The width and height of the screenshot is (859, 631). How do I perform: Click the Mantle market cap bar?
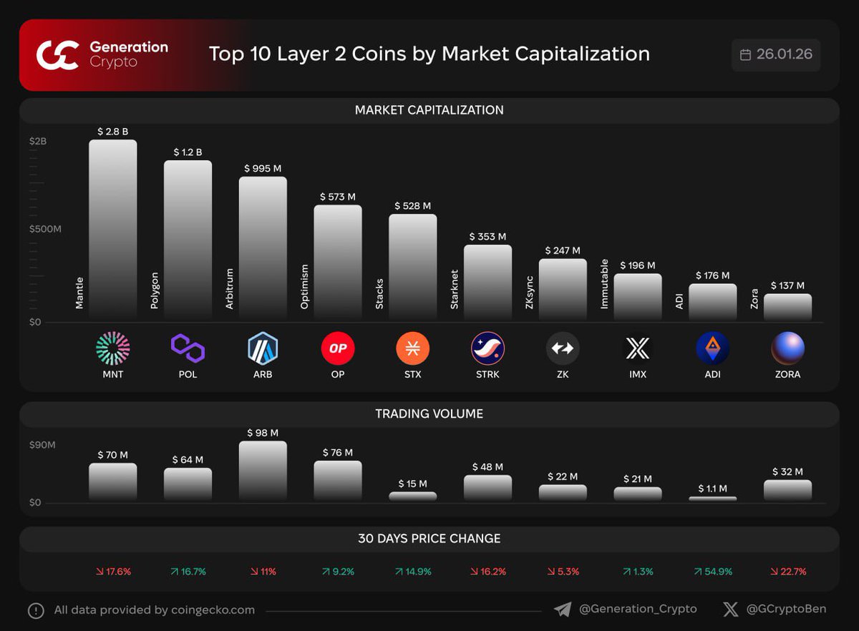coord(112,229)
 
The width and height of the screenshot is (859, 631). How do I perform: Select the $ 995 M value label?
coord(263,168)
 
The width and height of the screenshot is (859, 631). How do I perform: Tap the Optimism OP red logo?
coord(338,348)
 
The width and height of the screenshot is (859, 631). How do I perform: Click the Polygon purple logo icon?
coord(188,348)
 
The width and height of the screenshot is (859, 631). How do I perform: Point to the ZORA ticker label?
coord(787,374)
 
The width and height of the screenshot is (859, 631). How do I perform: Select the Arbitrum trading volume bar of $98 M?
coord(263,470)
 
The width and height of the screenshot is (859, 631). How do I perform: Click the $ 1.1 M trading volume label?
coord(712,489)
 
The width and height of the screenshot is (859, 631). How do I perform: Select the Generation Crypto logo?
coord(57,55)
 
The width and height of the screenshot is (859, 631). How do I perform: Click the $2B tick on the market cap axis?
coord(38,142)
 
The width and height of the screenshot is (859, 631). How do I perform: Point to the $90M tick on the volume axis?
coord(42,445)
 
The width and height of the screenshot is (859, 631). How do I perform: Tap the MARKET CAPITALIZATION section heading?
coord(429,110)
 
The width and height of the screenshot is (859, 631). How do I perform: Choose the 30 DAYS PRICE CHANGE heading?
coord(429,539)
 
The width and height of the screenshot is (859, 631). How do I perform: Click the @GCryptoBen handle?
coord(786,609)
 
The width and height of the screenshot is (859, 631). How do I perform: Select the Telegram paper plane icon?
coord(563,609)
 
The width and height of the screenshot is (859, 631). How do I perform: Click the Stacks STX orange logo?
coord(413,348)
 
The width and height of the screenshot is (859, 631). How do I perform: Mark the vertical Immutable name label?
coord(603,284)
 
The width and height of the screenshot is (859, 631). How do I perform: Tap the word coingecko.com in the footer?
coord(213,610)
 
